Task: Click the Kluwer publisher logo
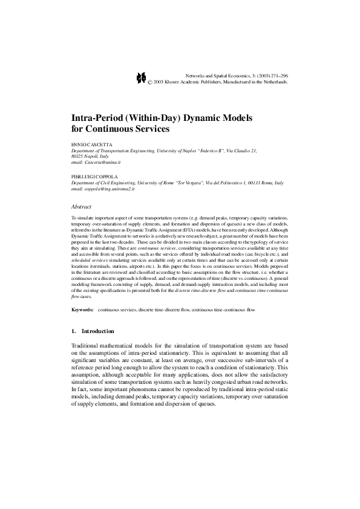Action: pos(142,77)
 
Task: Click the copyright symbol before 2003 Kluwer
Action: pos(151,81)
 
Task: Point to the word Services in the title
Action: pos(155,129)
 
